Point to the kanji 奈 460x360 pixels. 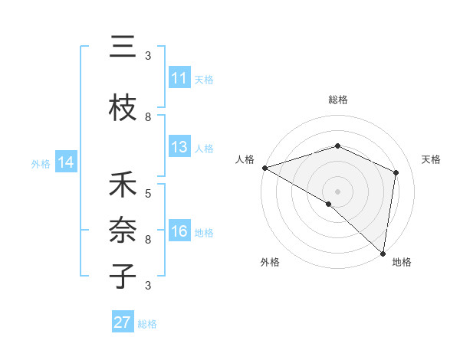point(123,230)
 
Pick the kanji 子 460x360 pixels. point(123,275)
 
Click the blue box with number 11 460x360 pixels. point(179,78)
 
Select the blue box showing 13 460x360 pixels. point(179,147)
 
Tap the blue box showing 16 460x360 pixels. point(179,232)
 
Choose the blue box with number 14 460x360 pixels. point(65,162)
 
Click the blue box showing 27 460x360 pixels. point(122,322)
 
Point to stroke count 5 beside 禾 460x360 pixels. point(148,194)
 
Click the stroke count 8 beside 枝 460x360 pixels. point(148,117)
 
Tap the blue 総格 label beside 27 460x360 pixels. point(147,324)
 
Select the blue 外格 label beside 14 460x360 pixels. point(40,163)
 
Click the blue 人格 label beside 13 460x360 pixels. point(204,148)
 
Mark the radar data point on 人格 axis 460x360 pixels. point(264,168)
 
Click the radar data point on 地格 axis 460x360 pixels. point(383,253)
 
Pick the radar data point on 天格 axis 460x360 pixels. point(396,172)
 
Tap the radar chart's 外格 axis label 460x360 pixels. point(270,262)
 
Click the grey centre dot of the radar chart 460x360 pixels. point(337,191)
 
